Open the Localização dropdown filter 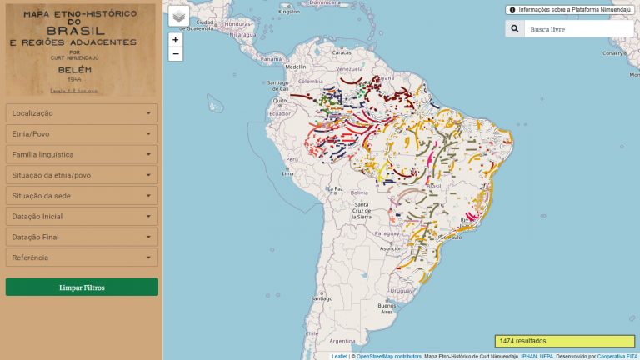point(81,112)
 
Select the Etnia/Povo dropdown point(81,133)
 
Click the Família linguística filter point(81,154)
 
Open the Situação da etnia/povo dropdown point(81,175)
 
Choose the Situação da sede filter point(81,195)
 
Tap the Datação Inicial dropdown point(81,216)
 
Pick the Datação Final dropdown point(81,237)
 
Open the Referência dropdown point(81,257)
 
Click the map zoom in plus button point(175,39)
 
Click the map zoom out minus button point(175,54)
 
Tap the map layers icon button point(178,16)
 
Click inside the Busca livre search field point(579,28)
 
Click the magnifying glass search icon point(515,28)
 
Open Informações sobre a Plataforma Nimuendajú point(569,10)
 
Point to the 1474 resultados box point(564,341)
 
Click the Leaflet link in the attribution point(339,356)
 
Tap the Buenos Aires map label point(386,307)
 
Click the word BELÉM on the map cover point(81,72)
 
